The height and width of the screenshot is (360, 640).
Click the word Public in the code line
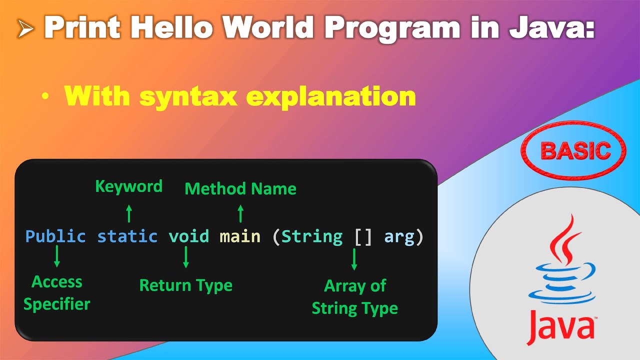[55, 236]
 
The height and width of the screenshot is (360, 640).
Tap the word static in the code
[127, 236]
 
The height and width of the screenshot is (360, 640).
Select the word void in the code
[188, 236]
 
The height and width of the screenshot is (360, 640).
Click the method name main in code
[240, 236]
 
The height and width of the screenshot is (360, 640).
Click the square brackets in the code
[363, 236]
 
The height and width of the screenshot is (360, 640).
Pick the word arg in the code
[399, 236]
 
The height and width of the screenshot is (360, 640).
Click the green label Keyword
[129, 186]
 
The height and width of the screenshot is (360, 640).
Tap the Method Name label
[240, 188]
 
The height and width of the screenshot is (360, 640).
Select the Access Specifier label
[57, 293]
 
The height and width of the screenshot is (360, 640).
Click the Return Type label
[186, 285]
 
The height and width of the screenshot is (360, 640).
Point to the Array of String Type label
[355, 297]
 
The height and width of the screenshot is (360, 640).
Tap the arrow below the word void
[186, 257]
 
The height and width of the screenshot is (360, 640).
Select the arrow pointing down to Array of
[354, 259]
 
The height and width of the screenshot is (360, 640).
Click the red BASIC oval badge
[573, 150]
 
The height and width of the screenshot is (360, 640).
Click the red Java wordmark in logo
[559, 325]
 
